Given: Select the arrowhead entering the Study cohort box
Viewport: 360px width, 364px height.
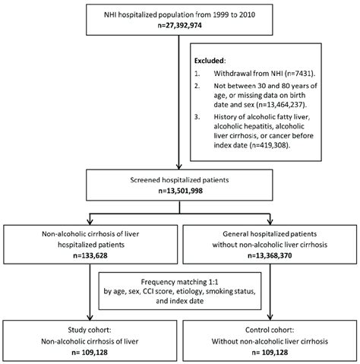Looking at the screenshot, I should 92,319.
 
